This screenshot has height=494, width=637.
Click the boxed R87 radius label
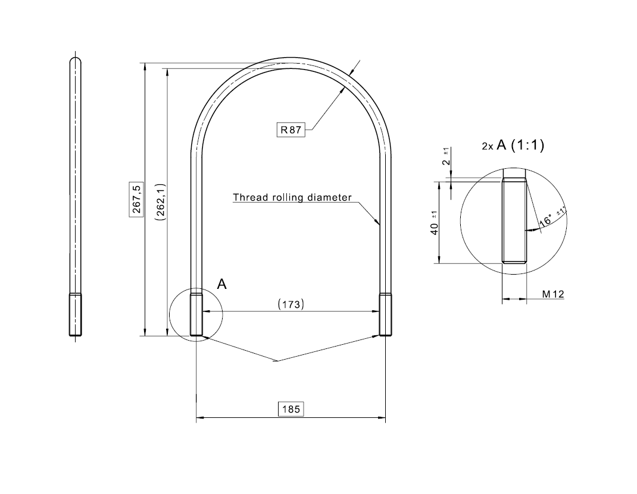pyautogui.click(x=291, y=130)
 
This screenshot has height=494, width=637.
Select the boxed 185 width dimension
pyautogui.click(x=291, y=409)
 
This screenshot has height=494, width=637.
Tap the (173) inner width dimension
pyautogui.click(x=291, y=304)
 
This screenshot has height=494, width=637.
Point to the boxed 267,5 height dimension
pyautogui.click(x=137, y=199)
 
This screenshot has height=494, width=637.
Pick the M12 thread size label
pyautogui.click(x=553, y=294)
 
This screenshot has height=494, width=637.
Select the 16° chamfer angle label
pyautogui.click(x=547, y=221)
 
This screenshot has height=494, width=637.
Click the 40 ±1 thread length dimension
pyautogui.click(x=435, y=224)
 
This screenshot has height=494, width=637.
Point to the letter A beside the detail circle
pyautogui.click(x=221, y=284)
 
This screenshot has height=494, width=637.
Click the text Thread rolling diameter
pyautogui.click(x=292, y=197)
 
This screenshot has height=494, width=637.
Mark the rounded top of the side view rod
pyautogui.click(x=76, y=59)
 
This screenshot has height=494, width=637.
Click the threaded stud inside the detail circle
pyautogui.click(x=514, y=221)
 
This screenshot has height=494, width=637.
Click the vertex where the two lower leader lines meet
pyautogui.click(x=277, y=360)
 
